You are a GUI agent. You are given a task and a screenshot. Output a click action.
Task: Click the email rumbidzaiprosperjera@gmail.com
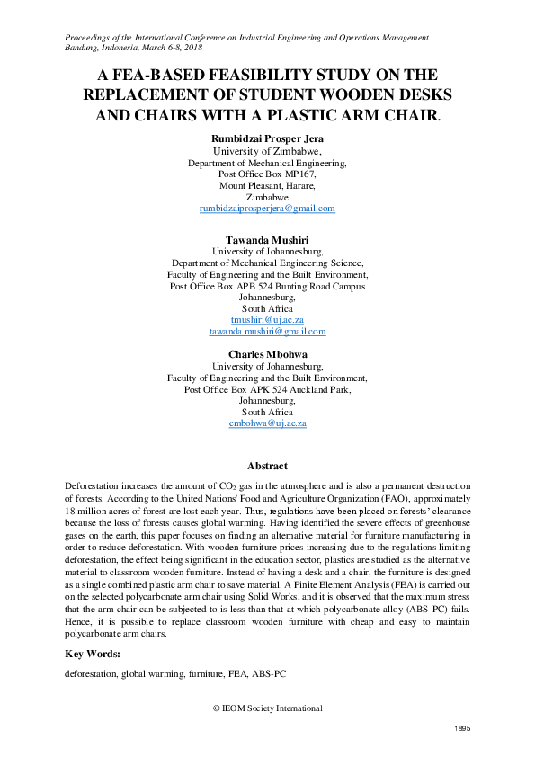[267, 209]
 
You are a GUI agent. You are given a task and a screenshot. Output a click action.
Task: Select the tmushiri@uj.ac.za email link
[267, 319]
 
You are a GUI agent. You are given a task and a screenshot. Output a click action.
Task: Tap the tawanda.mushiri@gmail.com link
[267, 331]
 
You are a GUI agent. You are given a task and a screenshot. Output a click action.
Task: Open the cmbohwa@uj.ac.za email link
[267, 423]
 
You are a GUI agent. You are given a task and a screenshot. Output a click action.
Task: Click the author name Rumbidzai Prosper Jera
[267, 139]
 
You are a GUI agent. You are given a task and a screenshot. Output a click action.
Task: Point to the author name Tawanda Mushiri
[267, 239]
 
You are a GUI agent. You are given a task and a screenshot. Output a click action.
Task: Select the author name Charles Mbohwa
[267, 354]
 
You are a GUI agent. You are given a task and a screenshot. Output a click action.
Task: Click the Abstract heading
[267, 466]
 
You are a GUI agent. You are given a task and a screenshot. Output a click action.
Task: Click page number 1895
[460, 729]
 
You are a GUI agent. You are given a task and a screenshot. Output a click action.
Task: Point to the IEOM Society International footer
[267, 708]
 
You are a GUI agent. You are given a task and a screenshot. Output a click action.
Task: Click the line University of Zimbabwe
[267, 152]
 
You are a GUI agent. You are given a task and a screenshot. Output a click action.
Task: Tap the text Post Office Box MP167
[267, 174]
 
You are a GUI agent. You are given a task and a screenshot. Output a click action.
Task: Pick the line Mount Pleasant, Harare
[267, 185]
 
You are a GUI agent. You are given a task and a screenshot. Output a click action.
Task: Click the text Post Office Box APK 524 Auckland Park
[267, 389]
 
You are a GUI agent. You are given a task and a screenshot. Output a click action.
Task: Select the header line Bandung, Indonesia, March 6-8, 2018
[134, 48]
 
